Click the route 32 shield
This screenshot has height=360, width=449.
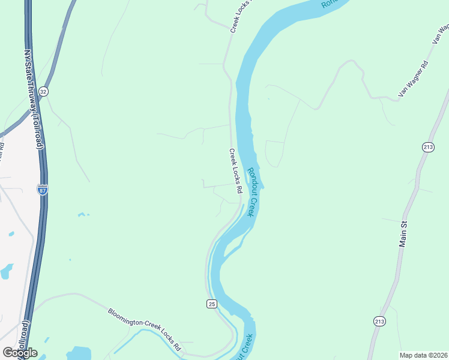43,91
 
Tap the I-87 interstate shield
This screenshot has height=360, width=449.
42,190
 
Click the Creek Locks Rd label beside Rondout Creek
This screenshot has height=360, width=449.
235,171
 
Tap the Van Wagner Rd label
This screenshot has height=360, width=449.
413,79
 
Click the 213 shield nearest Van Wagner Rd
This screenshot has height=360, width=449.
428,148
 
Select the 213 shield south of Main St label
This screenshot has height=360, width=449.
379,321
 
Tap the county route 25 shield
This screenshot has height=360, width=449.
211,304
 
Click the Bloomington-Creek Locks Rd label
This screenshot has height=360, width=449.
144,329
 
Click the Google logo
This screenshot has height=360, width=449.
20,353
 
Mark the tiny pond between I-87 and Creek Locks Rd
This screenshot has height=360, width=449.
83,214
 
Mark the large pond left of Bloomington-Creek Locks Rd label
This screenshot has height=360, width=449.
78,353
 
